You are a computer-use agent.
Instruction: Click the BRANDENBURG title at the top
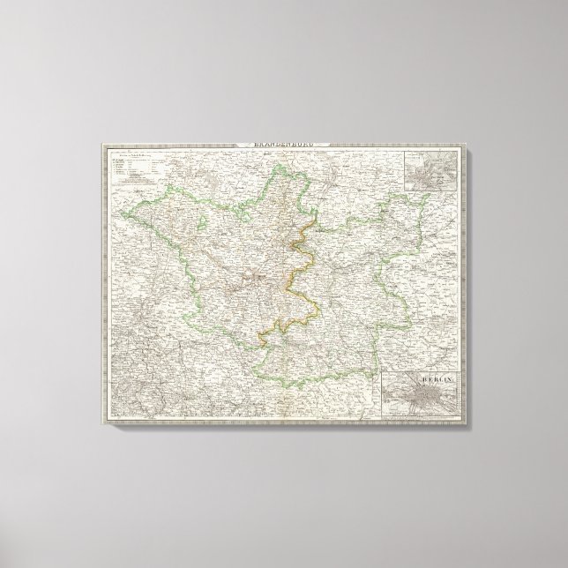(x=283, y=145)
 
